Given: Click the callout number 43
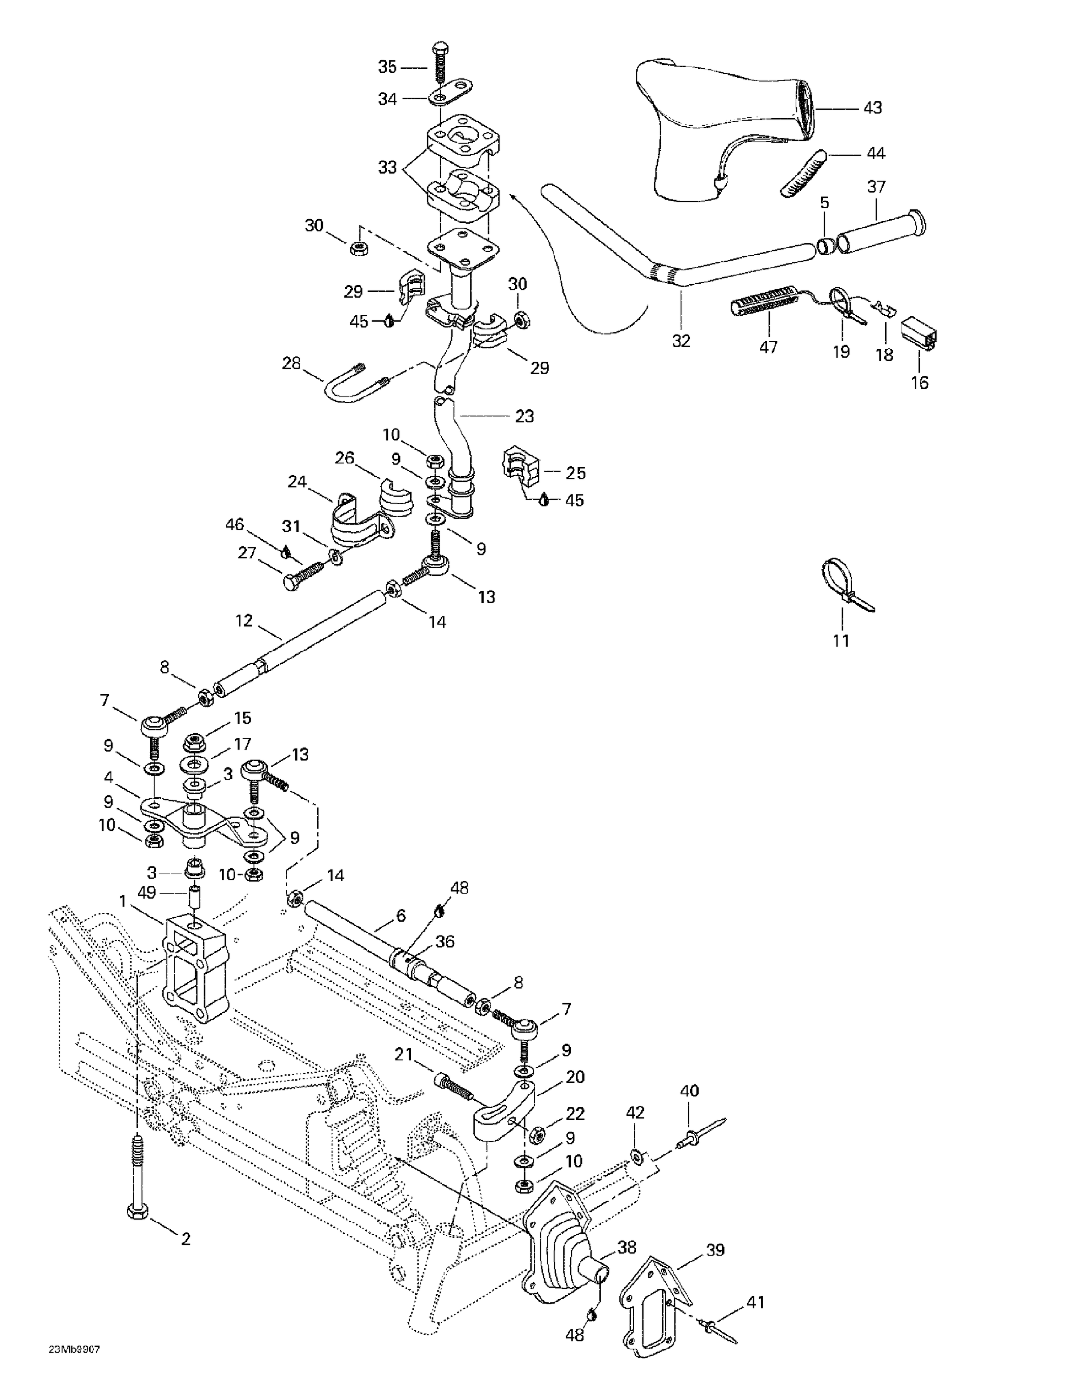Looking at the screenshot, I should [x=872, y=108].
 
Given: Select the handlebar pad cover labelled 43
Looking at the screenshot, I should [x=722, y=121].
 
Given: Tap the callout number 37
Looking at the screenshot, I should [x=876, y=187].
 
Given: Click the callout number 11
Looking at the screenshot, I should [x=841, y=640].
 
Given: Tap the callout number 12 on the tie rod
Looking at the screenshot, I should [x=244, y=621].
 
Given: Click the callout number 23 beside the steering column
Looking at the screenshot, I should [x=524, y=416].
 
